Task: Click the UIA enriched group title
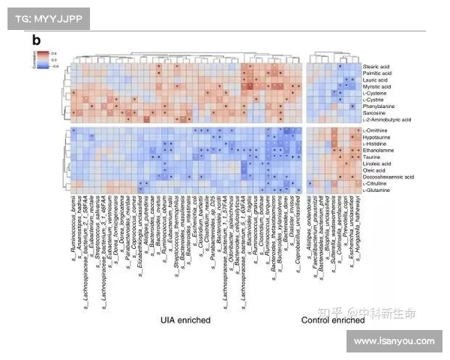[185, 320]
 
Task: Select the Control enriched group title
[332, 320]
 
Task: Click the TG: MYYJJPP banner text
[43, 16]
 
